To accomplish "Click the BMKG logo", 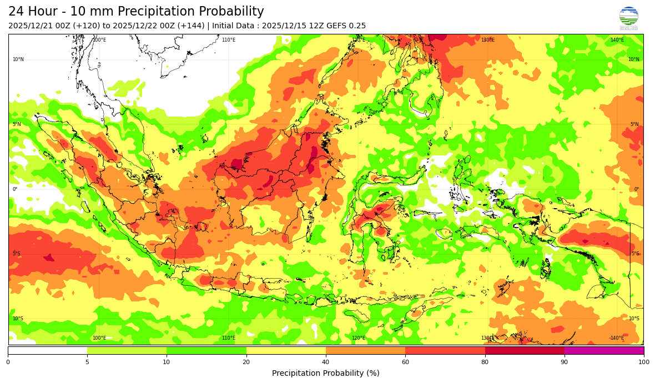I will tap(628, 18).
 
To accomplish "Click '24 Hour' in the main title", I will tap(32, 12).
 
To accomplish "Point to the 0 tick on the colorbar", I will tap(8, 362).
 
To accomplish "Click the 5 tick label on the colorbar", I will tap(87, 362).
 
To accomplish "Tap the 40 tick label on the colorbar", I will tap(326, 362).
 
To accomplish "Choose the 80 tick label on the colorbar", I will tap(485, 362).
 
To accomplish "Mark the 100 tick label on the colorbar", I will tap(643, 362).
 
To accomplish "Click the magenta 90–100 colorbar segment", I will tap(604, 350).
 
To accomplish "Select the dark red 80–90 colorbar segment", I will tap(525, 350).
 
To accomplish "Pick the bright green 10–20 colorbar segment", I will tap(206, 350).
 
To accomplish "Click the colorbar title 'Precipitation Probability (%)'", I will tap(326, 373).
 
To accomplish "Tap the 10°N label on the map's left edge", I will tap(18, 59).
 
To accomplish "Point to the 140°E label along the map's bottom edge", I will tap(617, 338).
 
